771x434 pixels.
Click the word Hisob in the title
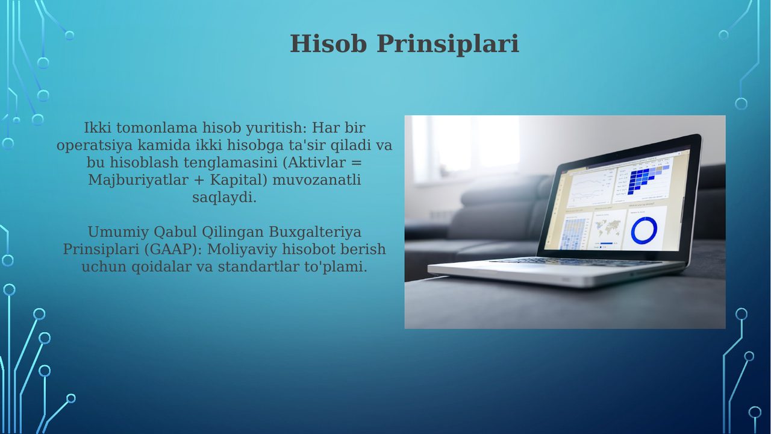[328, 44]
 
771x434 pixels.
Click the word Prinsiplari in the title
[448, 45]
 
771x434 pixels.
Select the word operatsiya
[95, 145]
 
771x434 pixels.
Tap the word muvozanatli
[316, 180]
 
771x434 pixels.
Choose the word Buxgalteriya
[315, 232]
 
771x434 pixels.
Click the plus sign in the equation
[199, 180]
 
